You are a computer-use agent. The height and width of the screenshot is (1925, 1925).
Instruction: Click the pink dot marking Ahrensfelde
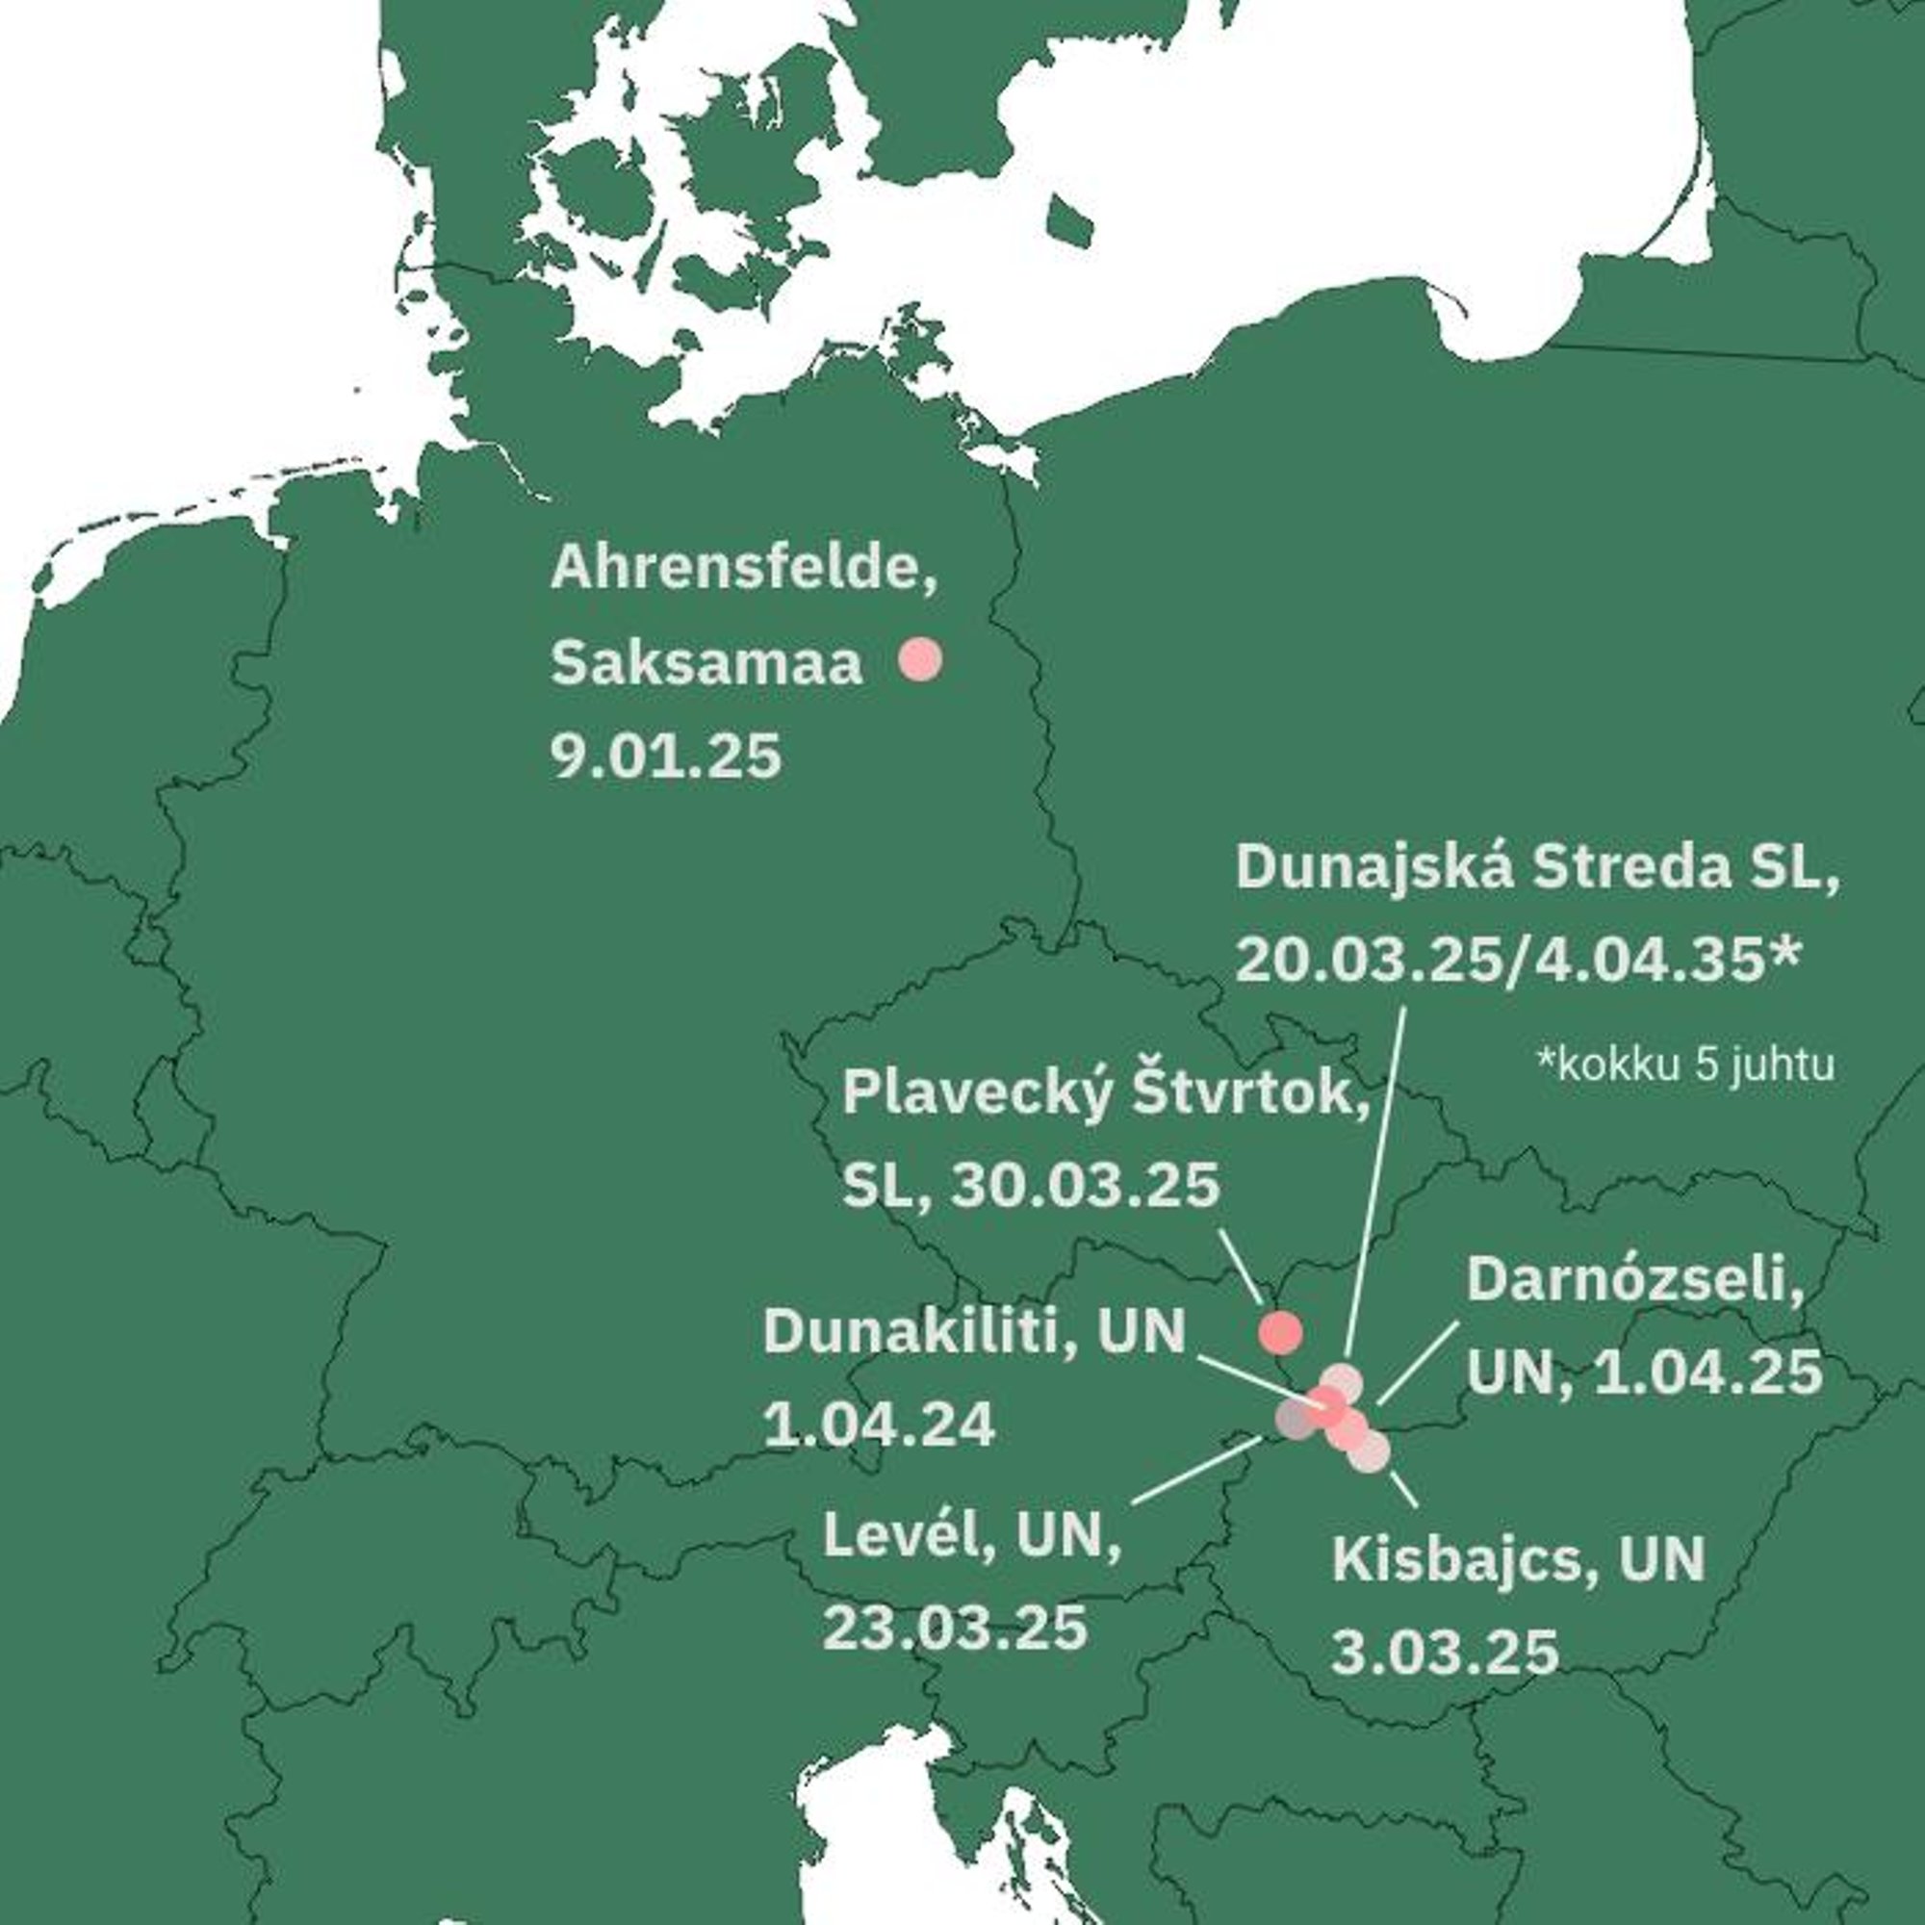[x=919, y=659]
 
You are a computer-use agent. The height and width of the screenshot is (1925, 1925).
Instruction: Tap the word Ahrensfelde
[x=743, y=567]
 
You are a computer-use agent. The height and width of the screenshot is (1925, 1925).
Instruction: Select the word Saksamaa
[x=706, y=662]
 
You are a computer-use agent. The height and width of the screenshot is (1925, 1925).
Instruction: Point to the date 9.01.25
[x=666, y=757]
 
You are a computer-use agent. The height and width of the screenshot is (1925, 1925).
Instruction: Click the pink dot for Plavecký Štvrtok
[x=1280, y=1333]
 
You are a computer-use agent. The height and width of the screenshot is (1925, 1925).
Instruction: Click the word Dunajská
[x=1374, y=868]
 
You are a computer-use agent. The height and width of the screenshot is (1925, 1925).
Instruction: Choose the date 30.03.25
[x=1085, y=1186]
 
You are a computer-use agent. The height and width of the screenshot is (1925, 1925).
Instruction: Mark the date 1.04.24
[x=879, y=1424]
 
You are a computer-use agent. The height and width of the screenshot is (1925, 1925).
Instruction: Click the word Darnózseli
[x=1635, y=1279]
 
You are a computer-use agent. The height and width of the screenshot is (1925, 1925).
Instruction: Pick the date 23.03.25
[x=954, y=1629]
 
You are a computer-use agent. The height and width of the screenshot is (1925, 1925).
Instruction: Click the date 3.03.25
[x=1445, y=1653]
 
